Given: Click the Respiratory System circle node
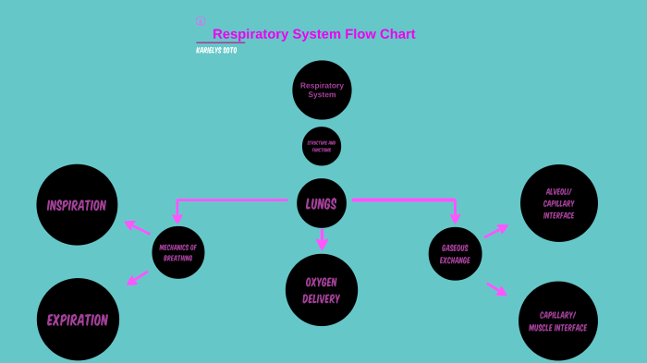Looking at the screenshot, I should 322,90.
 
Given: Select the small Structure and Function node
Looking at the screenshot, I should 322,146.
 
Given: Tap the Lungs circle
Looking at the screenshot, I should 322,203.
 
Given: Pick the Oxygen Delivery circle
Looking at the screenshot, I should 322,290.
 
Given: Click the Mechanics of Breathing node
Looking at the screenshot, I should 178,252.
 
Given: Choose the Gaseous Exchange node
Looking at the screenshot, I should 455,254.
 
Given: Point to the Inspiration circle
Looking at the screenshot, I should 77,205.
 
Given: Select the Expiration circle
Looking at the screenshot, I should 78,320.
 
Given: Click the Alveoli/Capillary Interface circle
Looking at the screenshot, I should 559,203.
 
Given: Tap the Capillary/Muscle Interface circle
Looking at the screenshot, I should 558,321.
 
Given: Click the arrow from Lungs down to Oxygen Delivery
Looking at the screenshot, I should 322,240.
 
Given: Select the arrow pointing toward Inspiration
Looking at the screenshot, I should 138,226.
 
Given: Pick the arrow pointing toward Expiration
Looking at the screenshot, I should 138,277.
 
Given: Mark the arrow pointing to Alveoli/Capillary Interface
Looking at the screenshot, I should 495,230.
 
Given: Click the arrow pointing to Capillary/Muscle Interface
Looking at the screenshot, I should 496,289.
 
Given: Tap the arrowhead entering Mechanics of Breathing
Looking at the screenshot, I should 177,219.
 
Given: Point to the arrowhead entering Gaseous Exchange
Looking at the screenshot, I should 455,219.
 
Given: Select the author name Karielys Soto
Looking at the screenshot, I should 216,51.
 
